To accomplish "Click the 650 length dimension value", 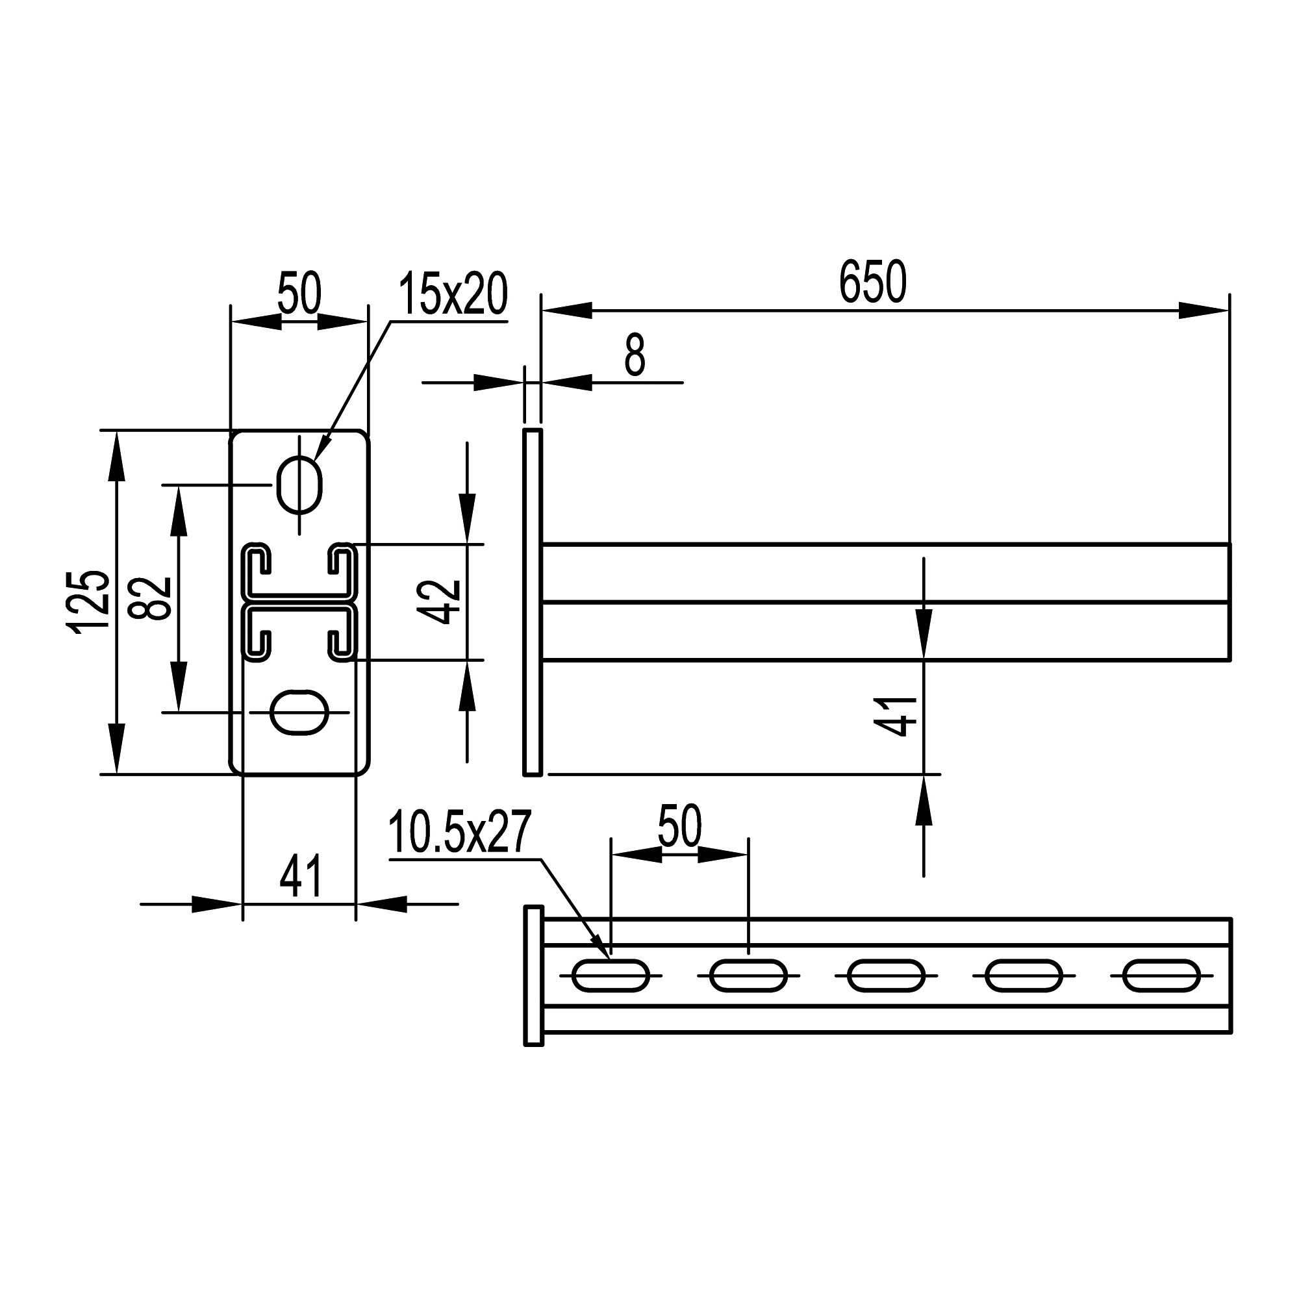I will [873, 283].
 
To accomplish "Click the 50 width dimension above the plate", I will [299, 294].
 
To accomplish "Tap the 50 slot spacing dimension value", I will [679, 826].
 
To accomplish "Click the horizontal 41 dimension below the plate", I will [301, 877].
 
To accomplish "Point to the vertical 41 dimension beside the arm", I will [896, 717].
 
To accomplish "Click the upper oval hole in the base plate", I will [299, 485].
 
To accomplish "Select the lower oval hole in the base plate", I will [299, 712].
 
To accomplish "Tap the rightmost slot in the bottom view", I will [1161, 976].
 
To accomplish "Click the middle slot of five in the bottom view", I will [885, 976].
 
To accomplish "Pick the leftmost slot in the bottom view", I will [611, 976].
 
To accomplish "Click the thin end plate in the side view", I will [532, 602].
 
